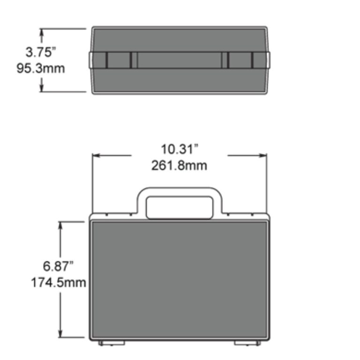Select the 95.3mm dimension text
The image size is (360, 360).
41,68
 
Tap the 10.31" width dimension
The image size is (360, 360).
180,149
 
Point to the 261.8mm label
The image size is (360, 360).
180,165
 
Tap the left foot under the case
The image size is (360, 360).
112,343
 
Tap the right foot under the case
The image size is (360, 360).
247,343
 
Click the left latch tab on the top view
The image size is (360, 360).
119,60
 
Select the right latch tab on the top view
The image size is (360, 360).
240,60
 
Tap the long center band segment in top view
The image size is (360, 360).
180,60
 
